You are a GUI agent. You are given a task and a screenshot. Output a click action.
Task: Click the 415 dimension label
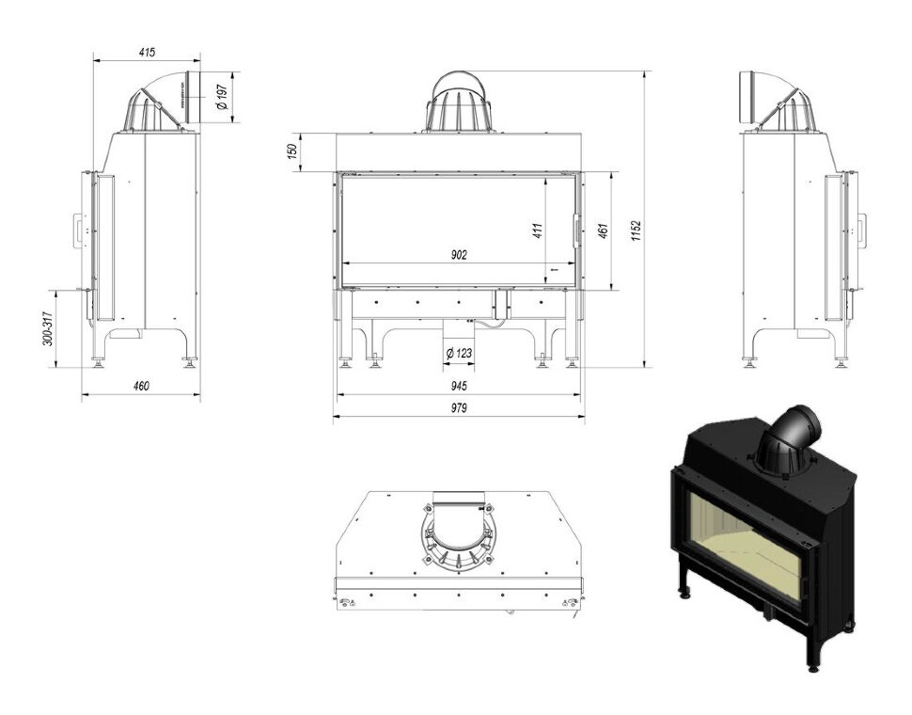coord(148,53)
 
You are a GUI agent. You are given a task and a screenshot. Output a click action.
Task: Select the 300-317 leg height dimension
coord(48,328)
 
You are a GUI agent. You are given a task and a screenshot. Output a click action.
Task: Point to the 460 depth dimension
coord(141,386)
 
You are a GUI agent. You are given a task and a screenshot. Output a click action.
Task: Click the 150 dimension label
coord(292,151)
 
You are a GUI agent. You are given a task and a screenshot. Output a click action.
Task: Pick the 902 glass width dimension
coord(459,255)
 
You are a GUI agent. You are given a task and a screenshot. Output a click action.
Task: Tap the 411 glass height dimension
coord(537,231)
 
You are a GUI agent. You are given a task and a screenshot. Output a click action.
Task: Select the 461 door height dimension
coord(604,231)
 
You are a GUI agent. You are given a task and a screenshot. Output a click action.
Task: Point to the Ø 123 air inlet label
coord(459,353)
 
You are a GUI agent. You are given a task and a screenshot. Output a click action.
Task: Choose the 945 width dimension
coord(459,386)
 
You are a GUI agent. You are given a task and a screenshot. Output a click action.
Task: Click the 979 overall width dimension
coord(459,407)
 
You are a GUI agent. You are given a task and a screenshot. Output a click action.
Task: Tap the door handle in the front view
coord(576,231)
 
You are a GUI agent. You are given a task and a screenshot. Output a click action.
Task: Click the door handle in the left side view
coord(78,232)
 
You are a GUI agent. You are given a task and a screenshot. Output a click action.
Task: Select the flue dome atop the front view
coord(460,103)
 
